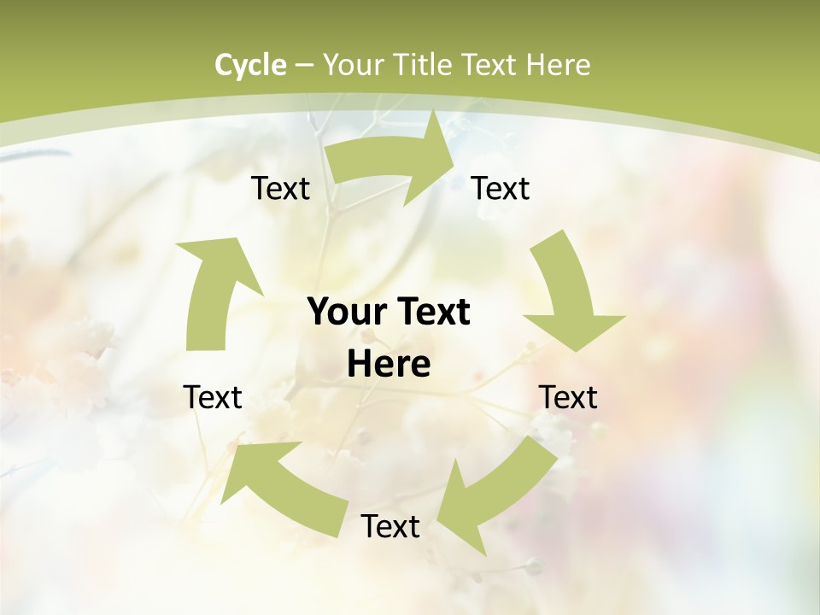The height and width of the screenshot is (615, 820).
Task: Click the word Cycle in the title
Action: pos(250,65)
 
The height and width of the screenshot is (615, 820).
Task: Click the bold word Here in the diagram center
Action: pos(388,365)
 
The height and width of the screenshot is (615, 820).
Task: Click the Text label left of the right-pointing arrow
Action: pos(280,188)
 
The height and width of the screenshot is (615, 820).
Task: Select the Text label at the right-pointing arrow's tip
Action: pos(501,188)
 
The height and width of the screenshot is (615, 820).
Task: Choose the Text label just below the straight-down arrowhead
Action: pos(568,397)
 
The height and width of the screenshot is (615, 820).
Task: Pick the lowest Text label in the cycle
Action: pos(390,526)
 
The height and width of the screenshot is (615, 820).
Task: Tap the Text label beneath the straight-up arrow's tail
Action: pos(213,397)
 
